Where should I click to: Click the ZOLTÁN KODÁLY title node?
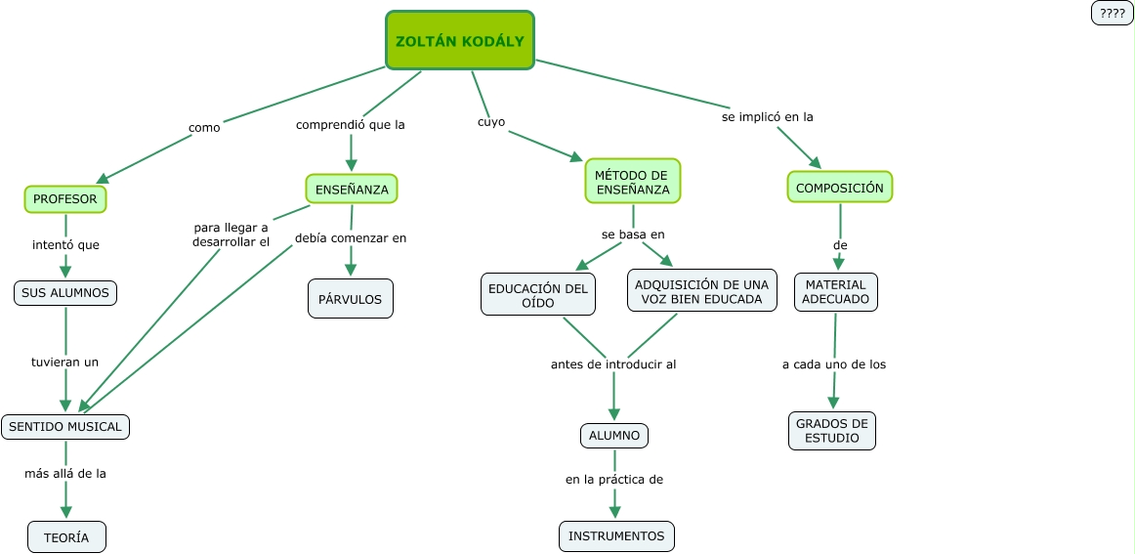pyautogui.click(x=460, y=41)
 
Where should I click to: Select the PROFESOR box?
pyautogui.click(x=65, y=199)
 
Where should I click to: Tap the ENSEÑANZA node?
pyautogui.click(x=352, y=189)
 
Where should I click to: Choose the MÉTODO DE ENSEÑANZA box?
pyautogui.click(x=633, y=182)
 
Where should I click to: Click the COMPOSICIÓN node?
pyautogui.click(x=839, y=187)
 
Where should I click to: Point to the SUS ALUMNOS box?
pyautogui.click(x=65, y=292)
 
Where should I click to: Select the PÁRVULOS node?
pyautogui.click(x=351, y=299)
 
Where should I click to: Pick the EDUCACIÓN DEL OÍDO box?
pyautogui.click(x=538, y=295)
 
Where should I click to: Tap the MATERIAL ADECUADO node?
pyautogui.click(x=835, y=292)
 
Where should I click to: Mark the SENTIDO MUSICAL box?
pyautogui.click(x=65, y=426)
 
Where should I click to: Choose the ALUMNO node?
pyautogui.click(x=614, y=436)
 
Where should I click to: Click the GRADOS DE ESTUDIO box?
pyautogui.click(x=832, y=431)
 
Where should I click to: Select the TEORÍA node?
pyautogui.click(x=66, y=537)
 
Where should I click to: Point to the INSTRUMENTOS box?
pyautogui.click(x=616, y=535)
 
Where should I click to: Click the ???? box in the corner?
pyautogui.click(x=1112, y=13)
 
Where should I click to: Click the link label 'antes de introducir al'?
pyautogui.click(x=613, y=364)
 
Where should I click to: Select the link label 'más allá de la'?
pyautogui.click(x=65, y=473)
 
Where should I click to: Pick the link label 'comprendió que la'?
pyautogui.click(x=351, y=125)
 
